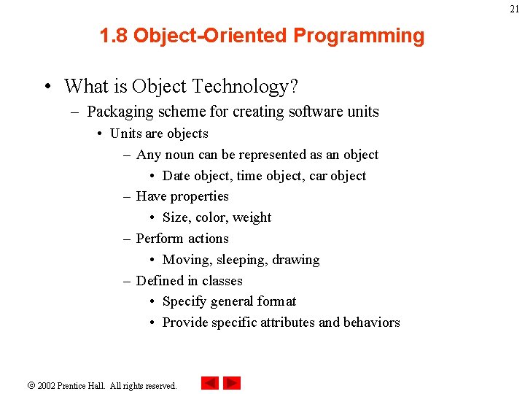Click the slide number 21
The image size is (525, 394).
(x=514, y=9)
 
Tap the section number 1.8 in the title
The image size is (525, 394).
(x=114, y=36)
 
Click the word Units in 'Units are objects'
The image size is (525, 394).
(x=125, y=134)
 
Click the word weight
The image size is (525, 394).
(x=252, y=217)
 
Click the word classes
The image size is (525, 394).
(x=222, y=281)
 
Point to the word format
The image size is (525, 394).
(x=278, y=301)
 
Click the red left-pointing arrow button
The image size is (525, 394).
(x=209, y=383)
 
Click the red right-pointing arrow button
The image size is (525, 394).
(x=232, y=383)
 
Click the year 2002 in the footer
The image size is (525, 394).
(x=47, y=385)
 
